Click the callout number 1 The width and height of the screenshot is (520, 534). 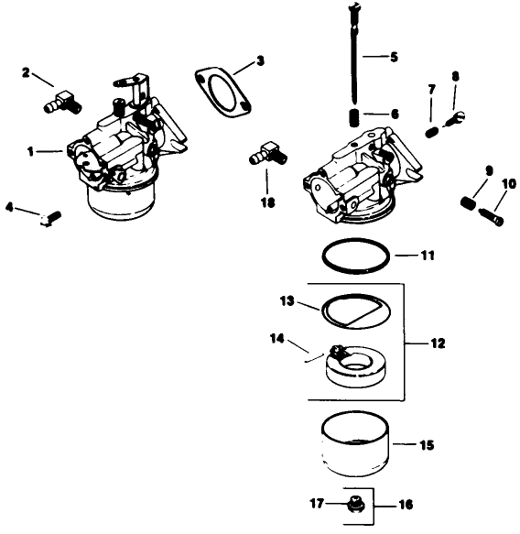[x=31, y=152]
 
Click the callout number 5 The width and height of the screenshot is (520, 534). [x=394, y=58]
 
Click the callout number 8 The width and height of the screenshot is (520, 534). [x=455, y=76]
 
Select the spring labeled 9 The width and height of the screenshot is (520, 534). [x=470, y=201]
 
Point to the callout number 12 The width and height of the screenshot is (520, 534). [x=438, y=343]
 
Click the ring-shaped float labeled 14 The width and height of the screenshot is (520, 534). [x=362, y=371]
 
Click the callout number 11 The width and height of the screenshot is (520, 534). [x=428, y=255]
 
